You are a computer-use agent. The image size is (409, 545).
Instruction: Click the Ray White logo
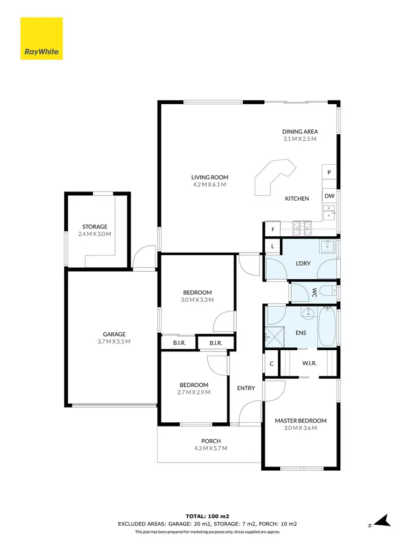[41, 39]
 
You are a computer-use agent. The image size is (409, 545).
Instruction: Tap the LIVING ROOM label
[209, 177]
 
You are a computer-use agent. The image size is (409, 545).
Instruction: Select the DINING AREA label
[299, 131]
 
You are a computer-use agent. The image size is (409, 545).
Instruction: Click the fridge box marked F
[272, 230]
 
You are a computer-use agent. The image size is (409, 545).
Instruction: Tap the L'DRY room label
[303, 263]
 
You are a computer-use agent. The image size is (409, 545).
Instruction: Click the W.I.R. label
[310, 363]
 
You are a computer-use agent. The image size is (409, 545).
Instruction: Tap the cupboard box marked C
[271, 363]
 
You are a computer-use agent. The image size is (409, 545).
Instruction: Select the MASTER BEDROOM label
[300, 421]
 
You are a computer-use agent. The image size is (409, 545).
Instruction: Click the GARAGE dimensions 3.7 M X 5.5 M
[115, 342]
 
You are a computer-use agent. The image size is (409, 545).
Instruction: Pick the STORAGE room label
[95, 226]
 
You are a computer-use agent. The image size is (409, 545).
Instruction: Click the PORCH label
[210, 441]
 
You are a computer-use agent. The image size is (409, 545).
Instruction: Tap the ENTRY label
[246, 388]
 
